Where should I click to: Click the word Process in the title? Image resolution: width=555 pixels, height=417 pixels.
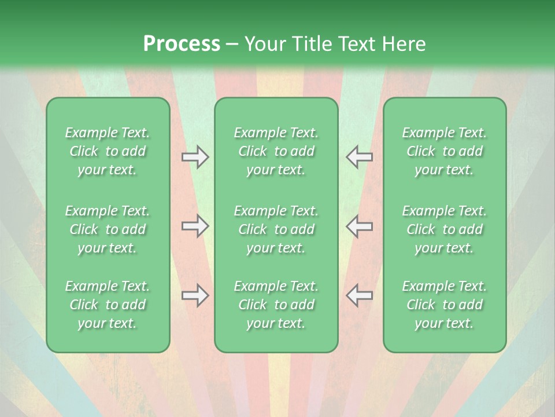182,44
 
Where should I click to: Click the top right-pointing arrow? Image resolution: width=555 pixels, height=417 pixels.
195,157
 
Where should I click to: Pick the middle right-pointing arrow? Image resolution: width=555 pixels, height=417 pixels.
195,226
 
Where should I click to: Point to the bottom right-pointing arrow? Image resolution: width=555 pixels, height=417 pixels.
195,295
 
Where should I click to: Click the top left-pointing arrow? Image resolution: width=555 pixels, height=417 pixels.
359,157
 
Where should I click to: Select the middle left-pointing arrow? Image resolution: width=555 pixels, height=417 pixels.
359,226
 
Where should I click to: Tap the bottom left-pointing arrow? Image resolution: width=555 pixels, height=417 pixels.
359,295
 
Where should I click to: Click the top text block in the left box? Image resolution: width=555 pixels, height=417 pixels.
108,151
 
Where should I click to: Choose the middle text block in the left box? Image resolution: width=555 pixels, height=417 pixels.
108,229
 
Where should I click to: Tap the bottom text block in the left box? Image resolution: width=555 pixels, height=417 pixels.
108,305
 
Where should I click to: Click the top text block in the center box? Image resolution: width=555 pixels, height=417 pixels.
276,151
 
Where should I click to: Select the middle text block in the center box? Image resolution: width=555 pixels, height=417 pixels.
276,229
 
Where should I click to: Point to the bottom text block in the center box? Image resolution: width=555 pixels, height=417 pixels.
276,305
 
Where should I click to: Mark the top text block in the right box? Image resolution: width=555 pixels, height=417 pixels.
445,151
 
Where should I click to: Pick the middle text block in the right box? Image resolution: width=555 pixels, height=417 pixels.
445,229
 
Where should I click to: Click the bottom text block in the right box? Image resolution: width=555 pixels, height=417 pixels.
445,305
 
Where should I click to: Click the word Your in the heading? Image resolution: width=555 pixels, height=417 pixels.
263,44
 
